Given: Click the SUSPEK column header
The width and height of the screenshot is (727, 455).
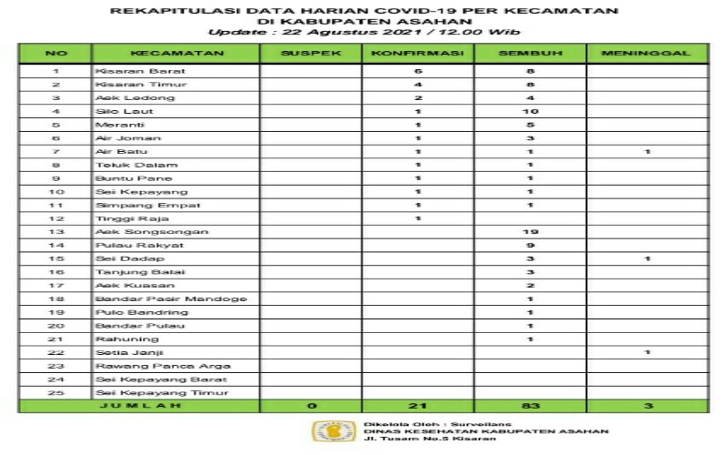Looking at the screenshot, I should point(311,53).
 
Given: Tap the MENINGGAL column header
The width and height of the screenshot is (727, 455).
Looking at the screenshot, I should point(647,53).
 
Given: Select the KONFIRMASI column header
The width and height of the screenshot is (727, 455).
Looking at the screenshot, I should point(418,53).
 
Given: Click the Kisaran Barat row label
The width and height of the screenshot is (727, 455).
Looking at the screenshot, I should point(127,70).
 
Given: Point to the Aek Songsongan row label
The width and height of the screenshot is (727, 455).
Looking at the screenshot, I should point(134,232).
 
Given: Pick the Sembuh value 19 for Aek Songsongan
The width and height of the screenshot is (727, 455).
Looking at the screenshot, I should point(531,232).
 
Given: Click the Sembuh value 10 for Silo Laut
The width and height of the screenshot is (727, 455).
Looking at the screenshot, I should point(531,111).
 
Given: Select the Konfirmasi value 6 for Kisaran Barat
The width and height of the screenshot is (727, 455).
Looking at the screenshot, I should point(418,70).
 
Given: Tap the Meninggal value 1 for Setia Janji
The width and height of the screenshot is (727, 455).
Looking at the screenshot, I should point(647,352).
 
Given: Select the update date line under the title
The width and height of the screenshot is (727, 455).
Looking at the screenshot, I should point(363,32).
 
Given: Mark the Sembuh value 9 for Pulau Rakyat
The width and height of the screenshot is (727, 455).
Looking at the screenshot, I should point(531,246).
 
